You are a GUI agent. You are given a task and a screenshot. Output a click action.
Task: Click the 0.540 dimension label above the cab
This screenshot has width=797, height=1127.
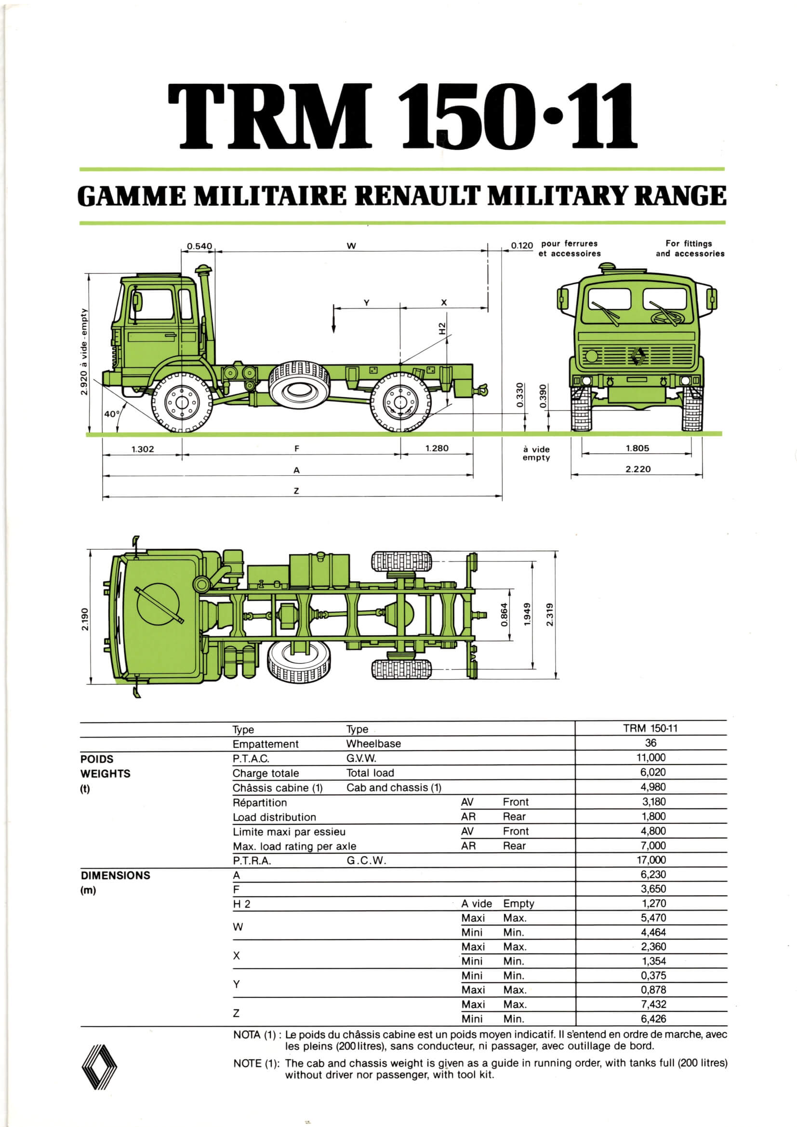pyautogui.click(x=199, y=246)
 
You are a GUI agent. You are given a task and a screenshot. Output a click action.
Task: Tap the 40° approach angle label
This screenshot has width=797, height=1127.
pyautogui.click(x=111, y=414)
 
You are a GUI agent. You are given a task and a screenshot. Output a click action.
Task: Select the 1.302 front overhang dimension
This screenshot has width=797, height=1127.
pyautogui.click(x=142, y=449)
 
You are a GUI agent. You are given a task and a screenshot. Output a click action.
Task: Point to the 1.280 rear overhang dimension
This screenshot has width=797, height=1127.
pyautogui.click(x=437, y=448)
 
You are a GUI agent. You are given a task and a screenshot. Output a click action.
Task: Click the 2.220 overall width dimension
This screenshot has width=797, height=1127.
pyautogui.click(x=638, y=469)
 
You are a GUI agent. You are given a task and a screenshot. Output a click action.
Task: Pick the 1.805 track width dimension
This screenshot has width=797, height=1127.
pyautogui.click(x=637, y=448)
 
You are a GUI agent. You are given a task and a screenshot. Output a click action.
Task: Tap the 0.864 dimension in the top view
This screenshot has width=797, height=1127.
pyautogui.click(x=504, y=615)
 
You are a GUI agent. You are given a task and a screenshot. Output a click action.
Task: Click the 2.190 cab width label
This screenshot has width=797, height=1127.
pyautogui.click(x=85, y=619)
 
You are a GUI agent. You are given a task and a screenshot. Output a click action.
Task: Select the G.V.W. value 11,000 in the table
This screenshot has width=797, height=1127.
pyautogui.click(x=651, y=757)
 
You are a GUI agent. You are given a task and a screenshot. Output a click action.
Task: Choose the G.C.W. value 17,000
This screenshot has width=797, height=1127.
pyautogui.click(x=651, y=859)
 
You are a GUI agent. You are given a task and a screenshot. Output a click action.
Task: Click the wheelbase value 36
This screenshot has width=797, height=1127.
pyautogui.click(x=651, y=743)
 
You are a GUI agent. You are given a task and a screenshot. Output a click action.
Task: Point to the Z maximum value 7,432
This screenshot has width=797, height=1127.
pyautogui.click(x=653, y=1004)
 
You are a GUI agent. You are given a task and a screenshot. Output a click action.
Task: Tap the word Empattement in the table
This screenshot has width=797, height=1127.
pyautogui.click(x=265, y=744)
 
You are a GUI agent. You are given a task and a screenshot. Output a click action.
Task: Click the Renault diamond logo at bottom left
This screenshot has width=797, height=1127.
pyautogui.click(x=99, y=1067)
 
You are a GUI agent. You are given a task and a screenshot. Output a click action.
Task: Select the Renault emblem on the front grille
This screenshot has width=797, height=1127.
pyautogui.click(x=638, y=356)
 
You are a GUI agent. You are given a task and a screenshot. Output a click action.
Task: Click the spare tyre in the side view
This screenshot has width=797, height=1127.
pyautogui.click(x=299, y=387)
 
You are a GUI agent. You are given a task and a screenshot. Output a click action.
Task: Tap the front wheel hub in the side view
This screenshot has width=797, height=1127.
pyautogui.click(x=182, y=402)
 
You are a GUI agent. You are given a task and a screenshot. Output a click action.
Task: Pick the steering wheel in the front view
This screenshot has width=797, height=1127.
pyautogui.click(x=667, y=318)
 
